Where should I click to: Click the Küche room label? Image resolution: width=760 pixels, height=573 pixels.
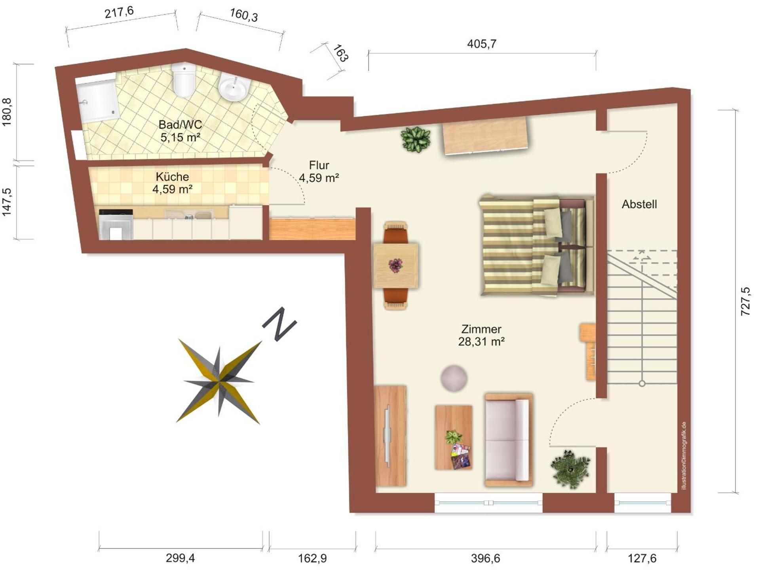(x=172, y=176)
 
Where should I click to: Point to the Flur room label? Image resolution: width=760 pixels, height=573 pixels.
(x=319, y=165)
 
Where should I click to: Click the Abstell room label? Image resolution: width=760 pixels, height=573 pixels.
(x=639, y=204)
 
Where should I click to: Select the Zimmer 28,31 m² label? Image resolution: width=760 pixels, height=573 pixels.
(x=481, y=335)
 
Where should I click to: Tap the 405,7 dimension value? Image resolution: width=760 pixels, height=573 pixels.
(x=481, y=44)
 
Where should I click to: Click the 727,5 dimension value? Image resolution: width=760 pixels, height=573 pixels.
(x=745, y=301)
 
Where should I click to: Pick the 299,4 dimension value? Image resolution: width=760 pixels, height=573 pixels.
(x=180, y=558)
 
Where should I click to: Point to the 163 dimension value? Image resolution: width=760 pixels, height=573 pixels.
(x=340, y=53)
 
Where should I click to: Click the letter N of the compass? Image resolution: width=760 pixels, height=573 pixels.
(x=279, y=323)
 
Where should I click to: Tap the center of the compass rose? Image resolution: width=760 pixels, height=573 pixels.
(x=219, y=381)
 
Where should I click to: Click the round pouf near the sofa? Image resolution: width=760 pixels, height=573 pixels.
(x=454, y=378)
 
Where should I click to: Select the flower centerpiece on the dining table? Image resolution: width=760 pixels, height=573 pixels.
(x=395, y=265)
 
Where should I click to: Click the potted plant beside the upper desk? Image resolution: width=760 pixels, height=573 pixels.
(x=415, y=139)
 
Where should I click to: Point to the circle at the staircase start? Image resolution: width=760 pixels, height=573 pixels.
(x=642, y=383)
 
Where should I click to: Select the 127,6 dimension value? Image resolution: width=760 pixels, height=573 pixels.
(x=642, y=558)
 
